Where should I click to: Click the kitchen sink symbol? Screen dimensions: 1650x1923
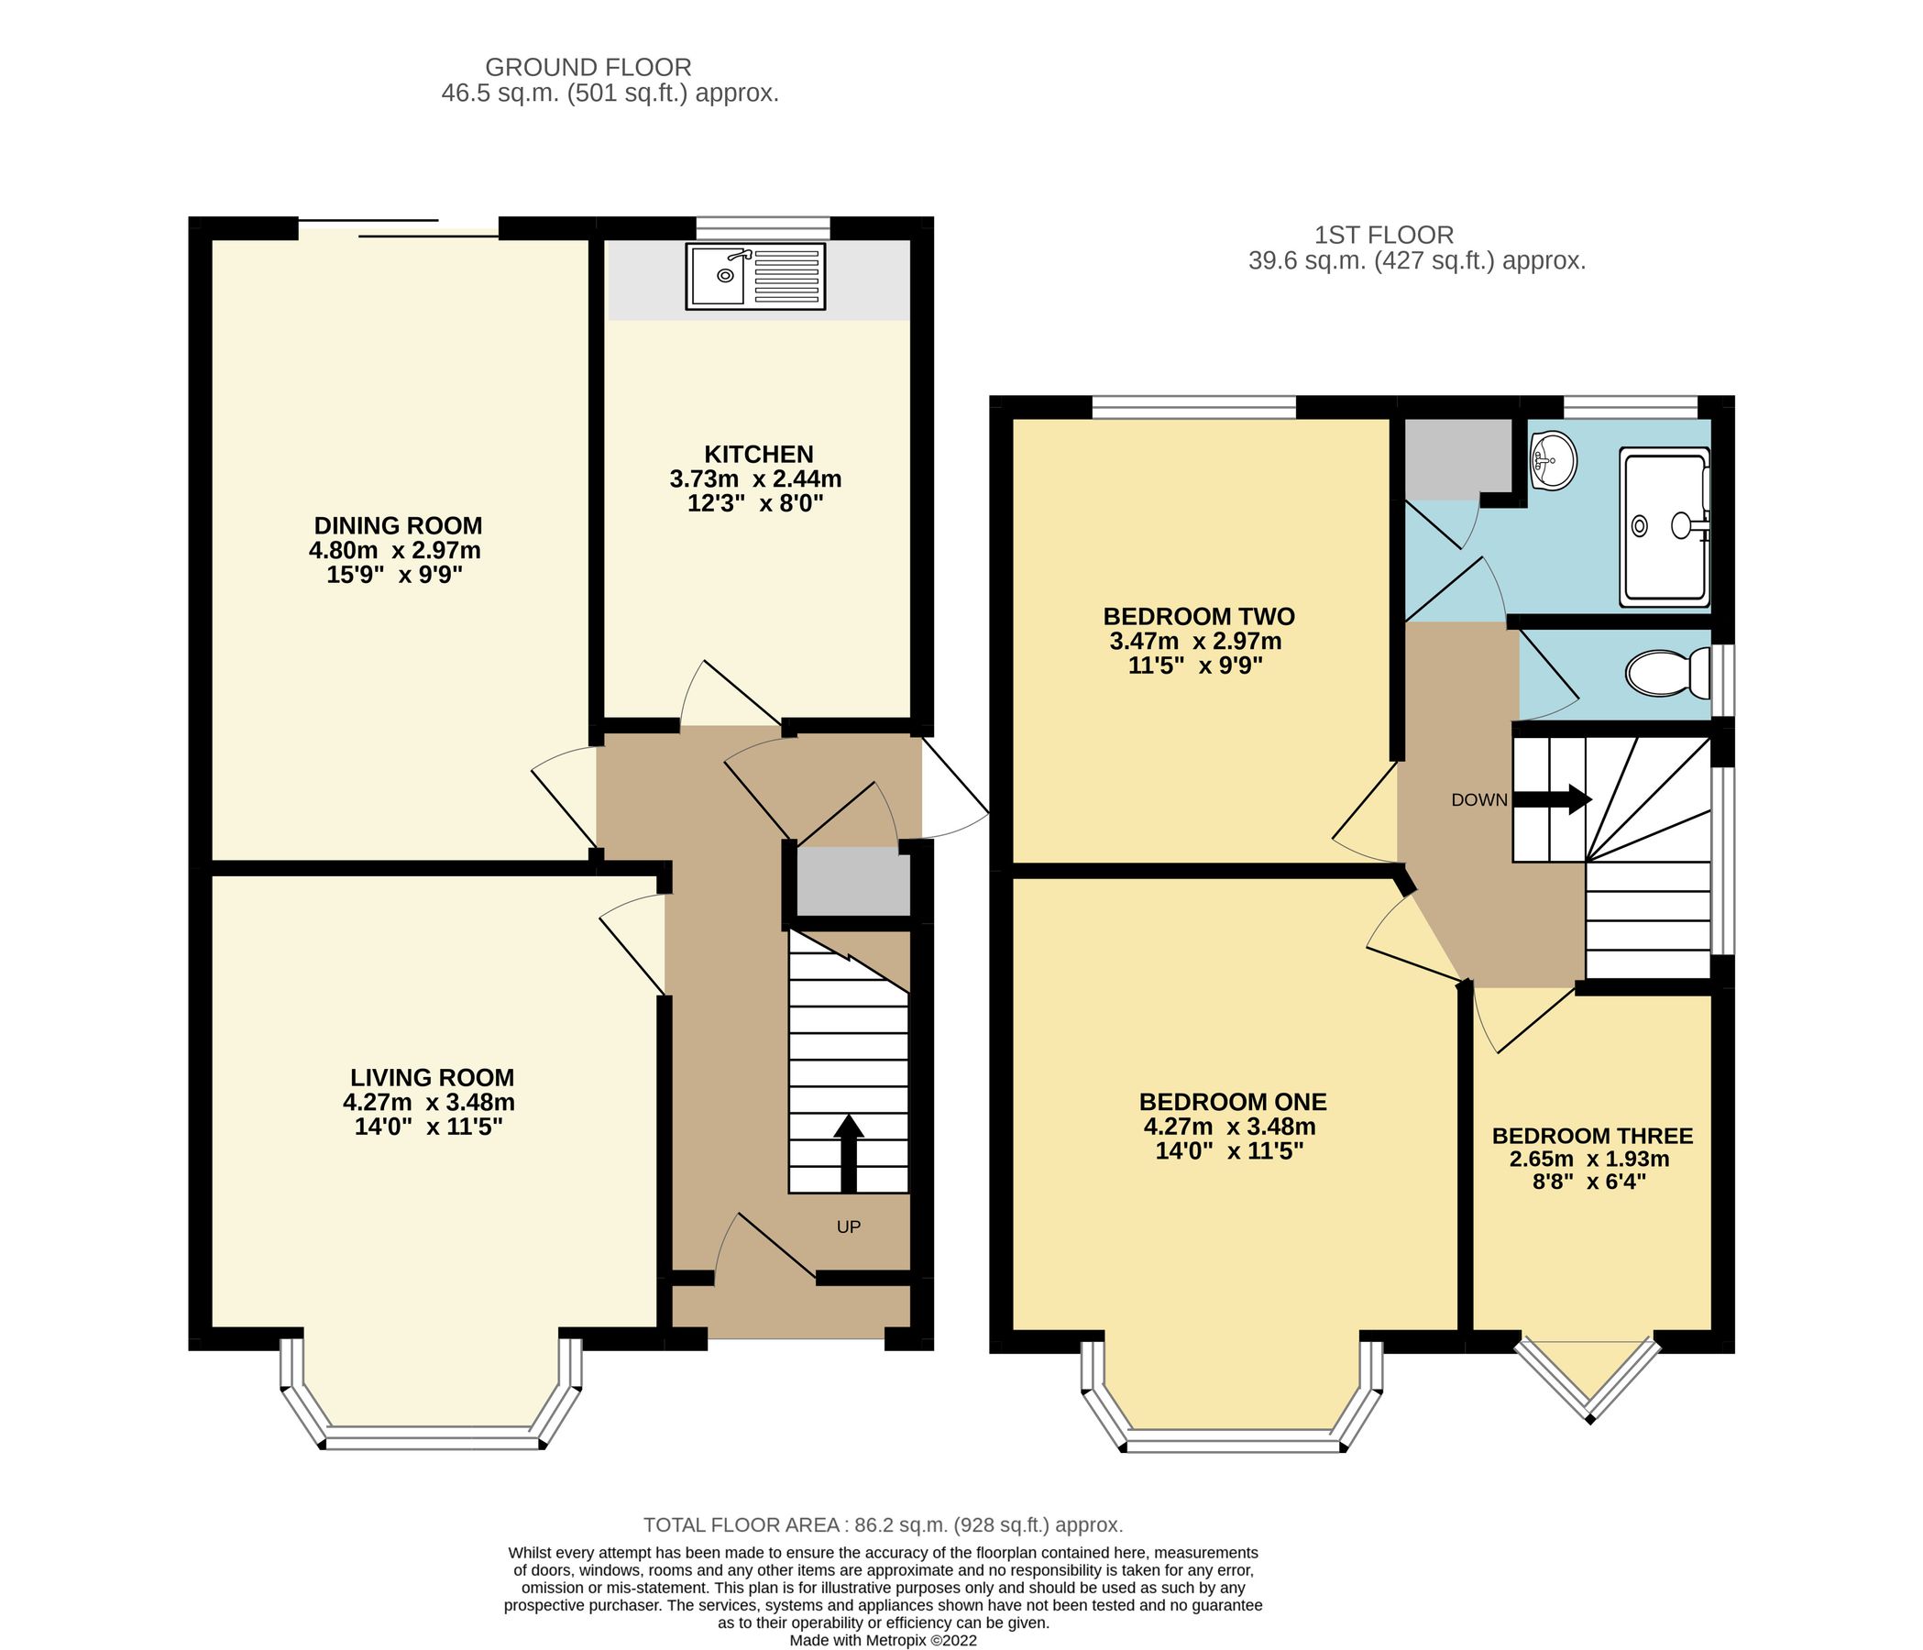(x=754, y=276)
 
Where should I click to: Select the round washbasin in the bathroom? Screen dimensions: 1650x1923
(x=1552, y=460)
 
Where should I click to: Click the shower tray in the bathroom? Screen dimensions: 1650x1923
(x=1664, y=526)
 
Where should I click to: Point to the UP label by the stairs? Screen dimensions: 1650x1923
(x=848, y=1226)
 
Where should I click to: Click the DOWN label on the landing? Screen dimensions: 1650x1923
(x=1478, y=800)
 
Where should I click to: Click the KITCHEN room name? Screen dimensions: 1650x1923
(x=758, y=454)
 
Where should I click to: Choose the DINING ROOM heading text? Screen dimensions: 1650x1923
(x=397, y=525)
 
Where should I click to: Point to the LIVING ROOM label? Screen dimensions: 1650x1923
(x=432, y=1077)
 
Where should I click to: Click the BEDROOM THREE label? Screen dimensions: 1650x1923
(x=1592, y=1136)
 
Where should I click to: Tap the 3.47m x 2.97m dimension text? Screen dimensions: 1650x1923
(x=1195, y=641)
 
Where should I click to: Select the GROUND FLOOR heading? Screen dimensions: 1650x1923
(x=588, y=67)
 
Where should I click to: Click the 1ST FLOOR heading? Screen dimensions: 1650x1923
(x=1384, y=235)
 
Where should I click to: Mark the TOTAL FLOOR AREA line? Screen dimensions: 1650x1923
(x=883, y=1524)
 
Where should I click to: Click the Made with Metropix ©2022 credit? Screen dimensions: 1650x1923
(x=883, y=1640)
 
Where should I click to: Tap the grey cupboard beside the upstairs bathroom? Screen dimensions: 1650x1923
(x=1456, y=457)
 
